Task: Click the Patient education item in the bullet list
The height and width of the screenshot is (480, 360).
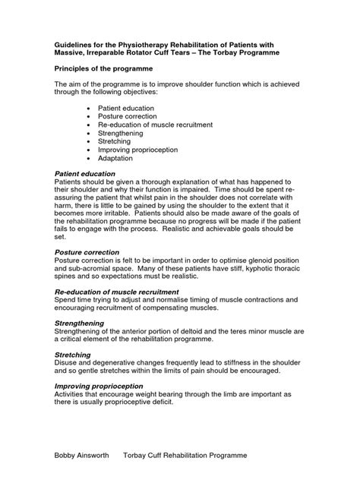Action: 125,109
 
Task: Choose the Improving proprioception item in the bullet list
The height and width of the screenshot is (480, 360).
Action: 138,150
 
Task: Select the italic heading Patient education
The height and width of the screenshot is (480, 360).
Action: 84,173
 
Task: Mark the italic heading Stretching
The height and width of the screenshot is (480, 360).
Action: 73,355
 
